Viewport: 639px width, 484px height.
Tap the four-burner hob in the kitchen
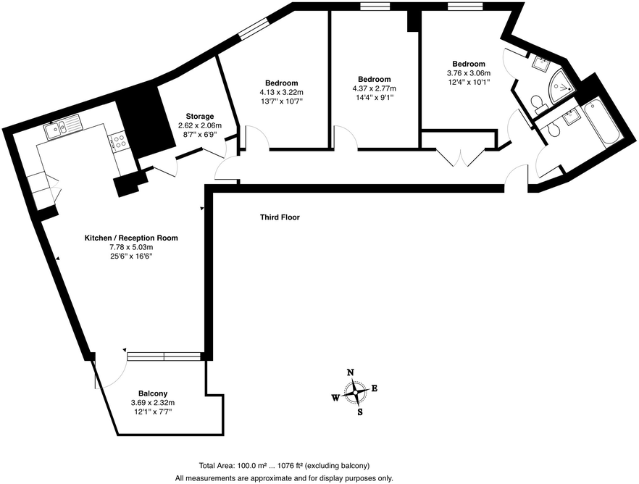118,140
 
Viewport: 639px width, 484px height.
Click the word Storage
199,117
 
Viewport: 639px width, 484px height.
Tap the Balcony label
153,393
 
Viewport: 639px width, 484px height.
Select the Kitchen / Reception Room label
131,238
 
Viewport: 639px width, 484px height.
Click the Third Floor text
280,217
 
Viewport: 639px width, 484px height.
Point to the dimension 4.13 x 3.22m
281,92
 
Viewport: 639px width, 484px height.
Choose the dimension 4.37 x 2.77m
374,88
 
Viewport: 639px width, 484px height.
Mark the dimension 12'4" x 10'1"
469,82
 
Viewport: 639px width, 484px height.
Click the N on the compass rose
351,372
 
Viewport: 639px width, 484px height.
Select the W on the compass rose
335,397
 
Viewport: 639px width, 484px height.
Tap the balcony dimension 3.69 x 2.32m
153,403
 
